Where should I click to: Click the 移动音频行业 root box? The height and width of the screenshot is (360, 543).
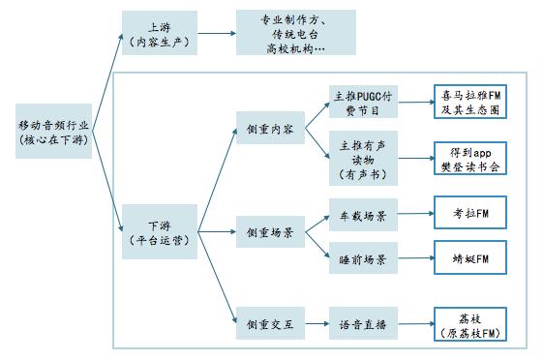[x=53, y=131]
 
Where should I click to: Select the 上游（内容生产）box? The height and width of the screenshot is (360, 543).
[x=160, y=33]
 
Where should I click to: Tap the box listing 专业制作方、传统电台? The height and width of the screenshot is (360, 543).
[x=296, y=33]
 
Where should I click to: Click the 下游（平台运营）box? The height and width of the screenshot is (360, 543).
[x=160, y=231]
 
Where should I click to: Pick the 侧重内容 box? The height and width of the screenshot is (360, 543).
[x=270, y=128]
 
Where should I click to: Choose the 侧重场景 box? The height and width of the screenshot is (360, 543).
[x=270, y=231]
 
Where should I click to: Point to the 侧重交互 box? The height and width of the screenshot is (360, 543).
[x=270, y=323]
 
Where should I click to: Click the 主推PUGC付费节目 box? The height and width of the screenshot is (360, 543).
[x=363, y=102]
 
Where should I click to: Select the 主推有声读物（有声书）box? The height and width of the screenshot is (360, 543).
[x=363, y=158]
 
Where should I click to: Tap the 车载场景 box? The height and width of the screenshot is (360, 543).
[x=363, y=215]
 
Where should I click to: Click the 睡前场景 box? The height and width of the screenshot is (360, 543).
[x=363, y=257]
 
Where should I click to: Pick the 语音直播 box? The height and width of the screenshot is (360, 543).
[x=363, y=323]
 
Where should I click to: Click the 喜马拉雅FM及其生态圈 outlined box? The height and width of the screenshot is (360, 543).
[x=470, y=102]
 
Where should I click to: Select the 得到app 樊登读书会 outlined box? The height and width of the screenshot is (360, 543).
[x=470, y=158]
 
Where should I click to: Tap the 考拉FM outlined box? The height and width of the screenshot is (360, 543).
[x=470, y=213]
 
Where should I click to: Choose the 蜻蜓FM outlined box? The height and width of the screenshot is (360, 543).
[x=470, y=257]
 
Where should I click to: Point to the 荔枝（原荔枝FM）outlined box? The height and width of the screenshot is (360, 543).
[x=470, y=324]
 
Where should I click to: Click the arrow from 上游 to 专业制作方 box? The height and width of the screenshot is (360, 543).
[x=217, y=33]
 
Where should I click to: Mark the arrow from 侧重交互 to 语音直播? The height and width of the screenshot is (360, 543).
[x=317, y=323]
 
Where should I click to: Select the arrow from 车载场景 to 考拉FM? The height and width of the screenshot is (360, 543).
[x=415, y=214]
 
